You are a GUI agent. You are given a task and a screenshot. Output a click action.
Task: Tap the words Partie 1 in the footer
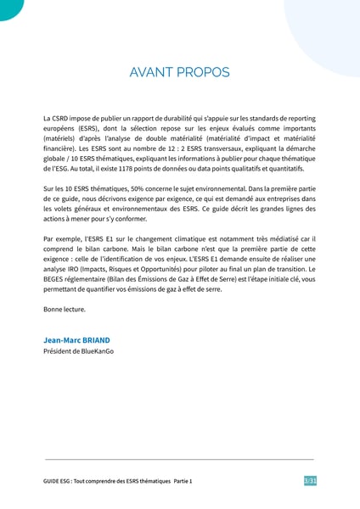tap(183, 481)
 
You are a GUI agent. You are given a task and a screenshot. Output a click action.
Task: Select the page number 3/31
tap(310, 481)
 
